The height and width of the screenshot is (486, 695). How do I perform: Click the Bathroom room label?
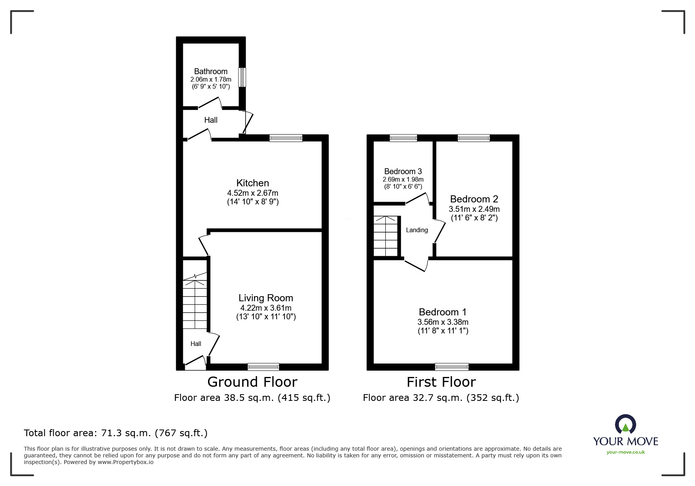pyautogui.click(x=211, y=71)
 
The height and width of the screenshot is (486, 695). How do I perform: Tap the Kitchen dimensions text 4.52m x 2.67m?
pyautogui.click(x=253, y=193)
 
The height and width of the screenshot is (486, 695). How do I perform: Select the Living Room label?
pyautogui.click(x=266, y=298)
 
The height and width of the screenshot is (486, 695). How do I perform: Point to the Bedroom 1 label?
pyautogui.click(x=443, y=312)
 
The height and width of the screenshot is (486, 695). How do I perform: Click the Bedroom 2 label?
pyautogui.click(x=474, y=199)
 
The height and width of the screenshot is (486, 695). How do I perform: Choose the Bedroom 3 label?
pyautogui.click(x=403, y=171)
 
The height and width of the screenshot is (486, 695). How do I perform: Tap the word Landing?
pyautogui.click(x=417, y=230)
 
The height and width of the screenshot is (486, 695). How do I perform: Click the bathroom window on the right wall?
pyautogui.click(x=243, y=77)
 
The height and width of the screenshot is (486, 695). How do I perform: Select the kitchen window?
pyautogui.click(x=286, y=138)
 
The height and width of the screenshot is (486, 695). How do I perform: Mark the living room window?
pyautogui.click(x=263, y=367)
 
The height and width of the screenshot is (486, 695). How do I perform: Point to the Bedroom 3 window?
pyautogui.click(x=403, y=138)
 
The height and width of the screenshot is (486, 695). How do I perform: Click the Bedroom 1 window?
pyautogui.click(x=452, y=367)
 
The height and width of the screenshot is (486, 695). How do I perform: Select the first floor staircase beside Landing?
pyautogui.click(x=386, y=236)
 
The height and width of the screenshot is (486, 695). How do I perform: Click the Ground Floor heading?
pyautogui.click(x=252, y=382)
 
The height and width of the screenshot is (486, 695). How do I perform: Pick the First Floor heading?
pyautogui.click(x=441, y=382)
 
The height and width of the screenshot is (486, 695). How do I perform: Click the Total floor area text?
pyautogui.click(x=116, y=433)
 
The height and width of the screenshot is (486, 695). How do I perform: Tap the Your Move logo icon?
pyautogui.click(x=626, y=424)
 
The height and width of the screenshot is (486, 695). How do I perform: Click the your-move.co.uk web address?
pyautogui.click(x=626, y=452)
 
